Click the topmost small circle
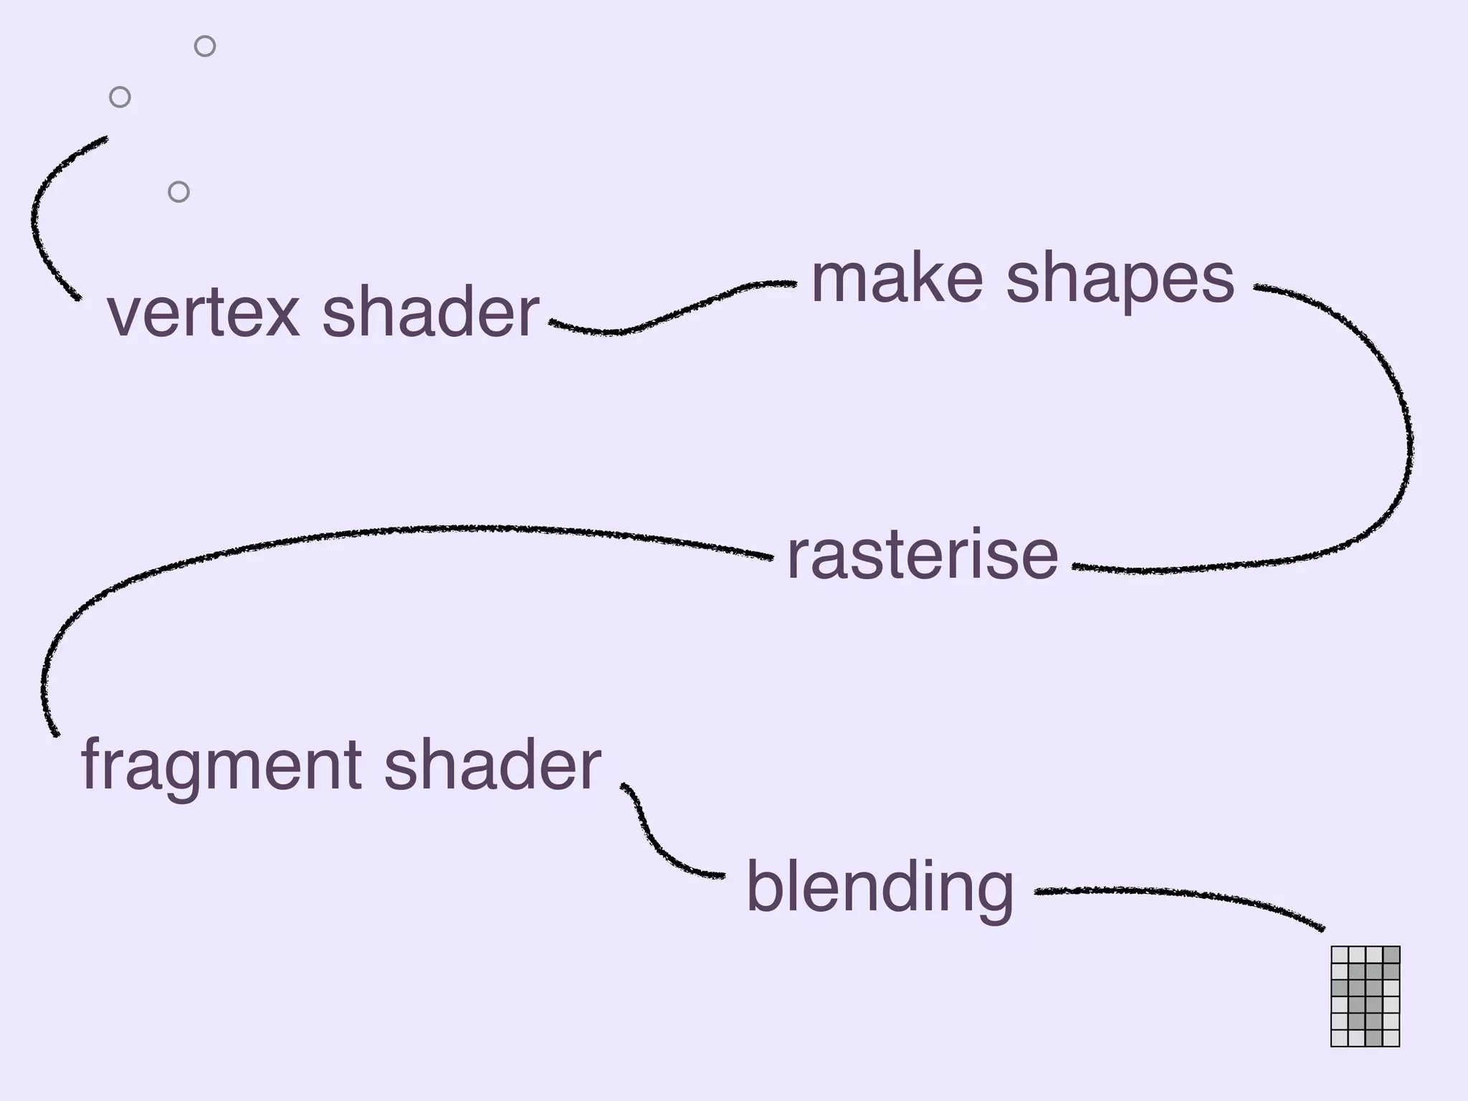[205, 47]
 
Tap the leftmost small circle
[120, 97]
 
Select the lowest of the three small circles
[178, 192]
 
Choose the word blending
[880, 889]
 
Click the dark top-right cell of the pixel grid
[1391, 955]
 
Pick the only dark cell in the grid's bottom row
[1373, 1038]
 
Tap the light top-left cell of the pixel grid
[1340, 955]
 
